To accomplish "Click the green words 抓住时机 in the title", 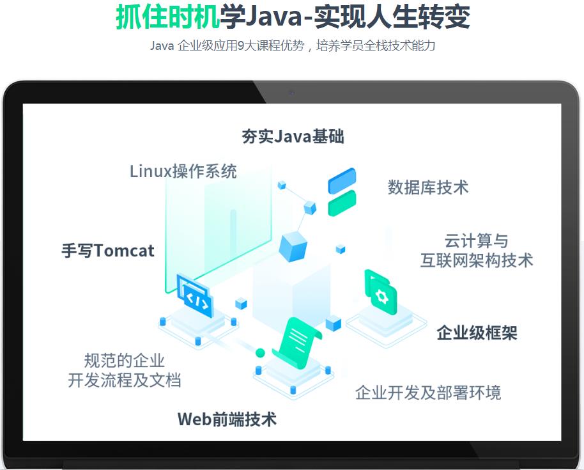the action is (x=167, y=17).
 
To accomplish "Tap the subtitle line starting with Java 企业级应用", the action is (x=293, y=45).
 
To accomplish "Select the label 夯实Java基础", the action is (x=293, y=136).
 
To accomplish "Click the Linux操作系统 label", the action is (x=183, y=171).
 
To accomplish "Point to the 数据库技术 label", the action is (x=428, y=187).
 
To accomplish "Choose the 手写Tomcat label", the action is (x=107, y=251).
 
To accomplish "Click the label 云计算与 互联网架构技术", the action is (x=477, y=251).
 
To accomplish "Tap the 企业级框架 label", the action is (x=477, y=333).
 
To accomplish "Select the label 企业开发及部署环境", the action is (x=428, y=393).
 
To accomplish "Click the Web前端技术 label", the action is (x=227, y=419).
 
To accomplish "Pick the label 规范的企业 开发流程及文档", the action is (x=125, y=370).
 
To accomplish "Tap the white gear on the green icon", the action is (x=381, y=297).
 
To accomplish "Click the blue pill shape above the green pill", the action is (x=342, y=181).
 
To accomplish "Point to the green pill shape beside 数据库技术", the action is (x=342, y=203).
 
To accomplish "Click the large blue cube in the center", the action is (x=293, y=246).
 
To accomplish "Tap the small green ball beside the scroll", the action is (x=260, y=352).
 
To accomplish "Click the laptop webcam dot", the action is (x=291, y=93).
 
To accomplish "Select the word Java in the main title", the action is (x=273, y=17).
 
